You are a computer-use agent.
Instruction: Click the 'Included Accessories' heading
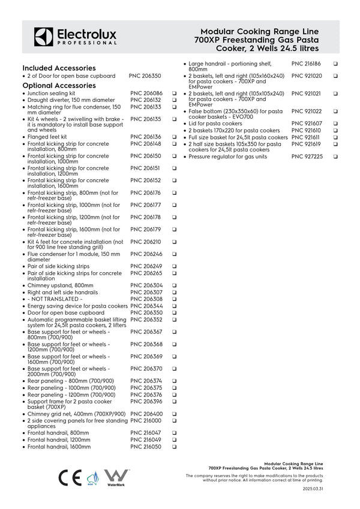[x=59, y=68]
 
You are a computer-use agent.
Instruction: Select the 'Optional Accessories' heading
[x=59, y=85]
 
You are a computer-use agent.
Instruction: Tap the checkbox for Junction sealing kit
[x=174, y=94]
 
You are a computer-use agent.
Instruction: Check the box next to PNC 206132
[x=174, y=100]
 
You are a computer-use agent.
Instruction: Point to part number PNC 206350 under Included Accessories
[x=145, y=77]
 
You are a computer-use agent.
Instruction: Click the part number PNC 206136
[x=146, y=137]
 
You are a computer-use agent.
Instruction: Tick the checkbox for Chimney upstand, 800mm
[x=174, y=285]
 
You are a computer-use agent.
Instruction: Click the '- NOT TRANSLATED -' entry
[x=55, y=299]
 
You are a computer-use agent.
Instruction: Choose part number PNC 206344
[x=146, y=306]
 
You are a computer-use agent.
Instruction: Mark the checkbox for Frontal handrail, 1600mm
[x=174, y=447]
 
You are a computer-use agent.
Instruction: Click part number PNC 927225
[x=307, y=156]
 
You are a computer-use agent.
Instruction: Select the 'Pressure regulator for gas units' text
[x=230, y=156]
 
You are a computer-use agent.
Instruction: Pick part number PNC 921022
[x=307, y=112]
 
